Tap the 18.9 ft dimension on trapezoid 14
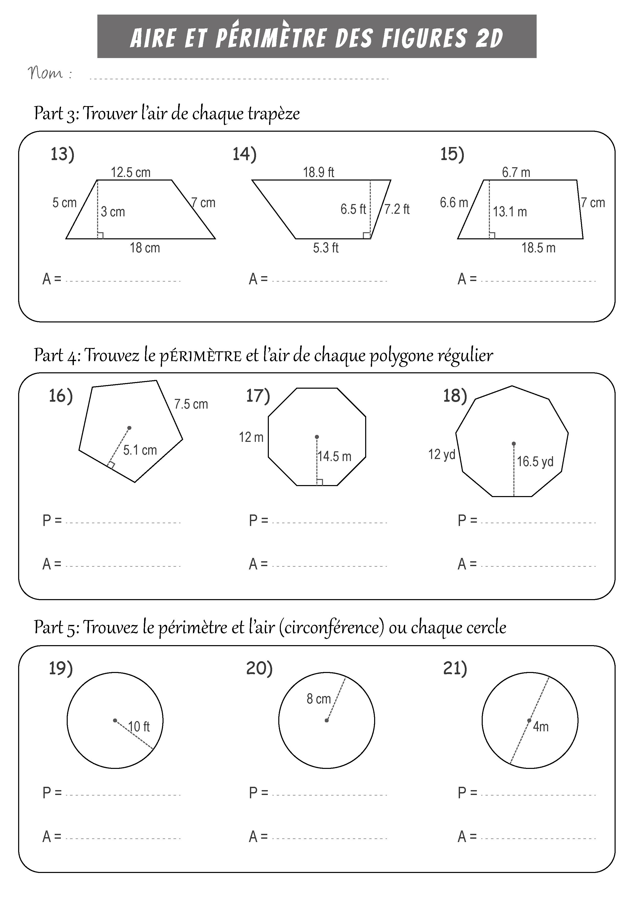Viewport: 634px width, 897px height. pyautogui.click(x=319, y=172)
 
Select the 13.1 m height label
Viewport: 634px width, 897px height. pyautogui.click(x=510, y=212)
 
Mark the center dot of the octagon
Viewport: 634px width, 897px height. pyautogui.click(x=317, y=437)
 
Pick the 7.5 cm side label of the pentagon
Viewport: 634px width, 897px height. pyautogui.click(x=191, y=404)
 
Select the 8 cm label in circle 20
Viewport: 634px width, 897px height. pyautogui.click(x=319, y=699)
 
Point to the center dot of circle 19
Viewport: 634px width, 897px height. pyautogui.click(x=115, y=720)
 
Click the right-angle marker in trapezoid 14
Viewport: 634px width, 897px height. pyautogui.click(x=366, y=235)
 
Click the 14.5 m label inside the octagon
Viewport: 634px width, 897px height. pyautogui.click(x=334, y=456)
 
